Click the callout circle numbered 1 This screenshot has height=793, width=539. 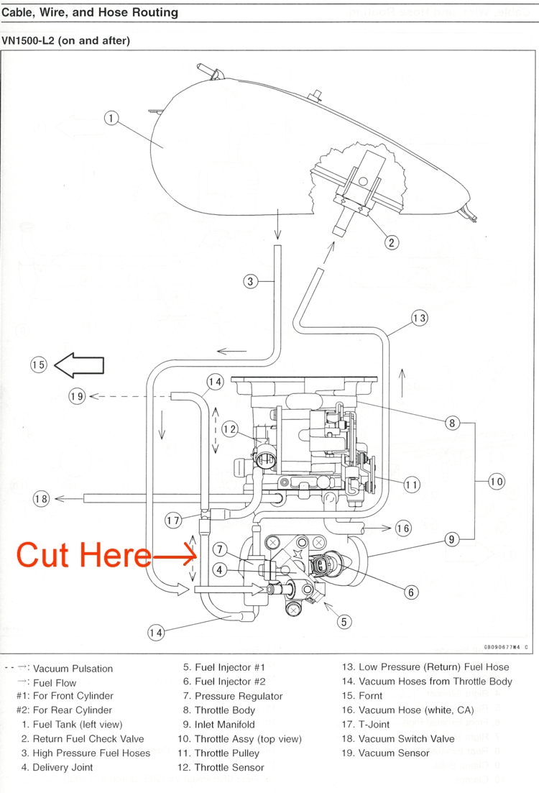(x=111, y=119)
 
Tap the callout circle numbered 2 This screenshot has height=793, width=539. (x=392, y=242)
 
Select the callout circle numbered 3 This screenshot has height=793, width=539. (x=250, y=282)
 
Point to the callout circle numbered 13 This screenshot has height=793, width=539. (x=420, y=317)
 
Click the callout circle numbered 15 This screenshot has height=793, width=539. (x=38, y=365)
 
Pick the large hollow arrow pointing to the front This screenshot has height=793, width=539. (x=79, y=365)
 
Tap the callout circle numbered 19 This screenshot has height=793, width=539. (x=77, y=395)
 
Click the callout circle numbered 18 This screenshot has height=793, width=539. (x=42, y=498)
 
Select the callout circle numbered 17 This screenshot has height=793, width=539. (x=173, y=521)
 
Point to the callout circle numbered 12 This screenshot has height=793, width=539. (x=229, y=430)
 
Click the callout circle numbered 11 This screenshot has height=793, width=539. (x=412, y=485)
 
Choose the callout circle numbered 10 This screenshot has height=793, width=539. (x=497, y=481)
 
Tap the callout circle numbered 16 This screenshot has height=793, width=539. (x=403, y=529)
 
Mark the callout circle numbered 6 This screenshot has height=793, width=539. (x=411, y=592)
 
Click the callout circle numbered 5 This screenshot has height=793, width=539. (x=345, y=622)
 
